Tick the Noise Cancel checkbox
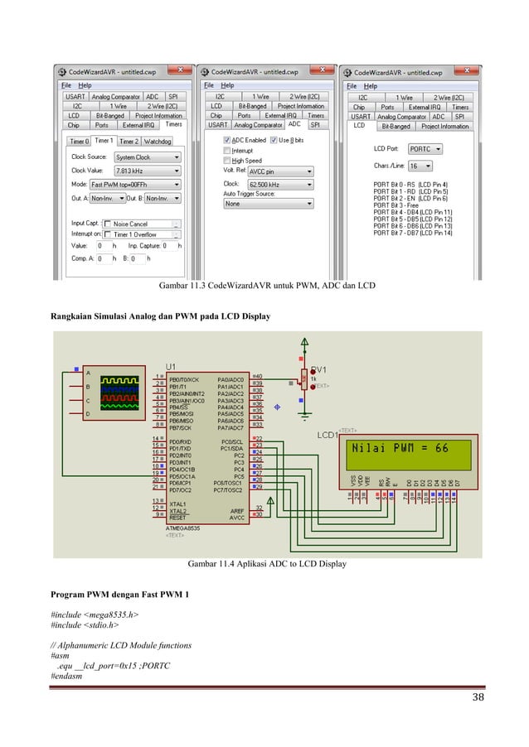tap(107, 224)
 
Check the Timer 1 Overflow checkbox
tap(107, 234)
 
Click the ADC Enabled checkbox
tap(226, 140)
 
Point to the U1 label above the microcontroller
tap(172, 366)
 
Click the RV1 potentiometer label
tap(318, 370)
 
